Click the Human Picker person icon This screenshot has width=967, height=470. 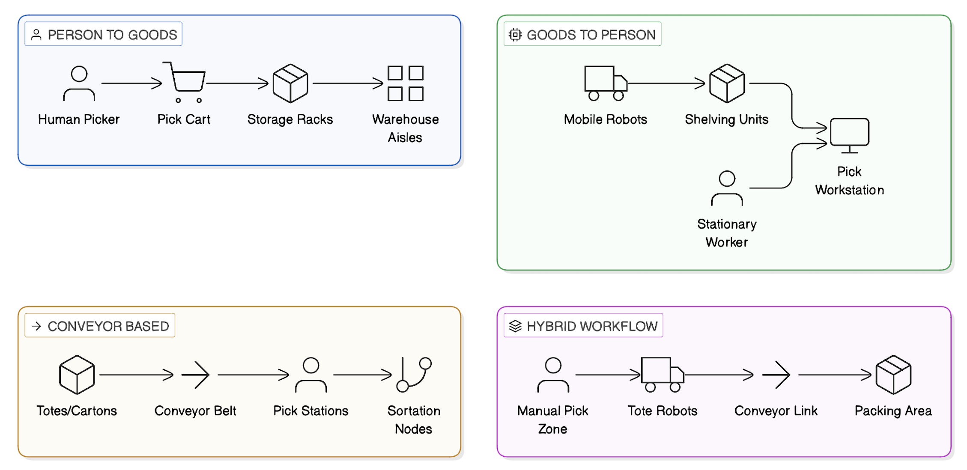click(79, 83)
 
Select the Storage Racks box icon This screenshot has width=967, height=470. click(290, 83)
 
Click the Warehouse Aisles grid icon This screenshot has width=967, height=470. click(405, 83)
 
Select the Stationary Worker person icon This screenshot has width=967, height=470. click(727, 188)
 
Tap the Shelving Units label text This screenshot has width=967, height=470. click(726, 119)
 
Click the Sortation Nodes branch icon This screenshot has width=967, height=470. click(414, 375)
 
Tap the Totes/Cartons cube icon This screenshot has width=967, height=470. click(77, 375)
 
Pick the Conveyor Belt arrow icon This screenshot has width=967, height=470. click(196, 375)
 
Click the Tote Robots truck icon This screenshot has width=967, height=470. click(662, 375)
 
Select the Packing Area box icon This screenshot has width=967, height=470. click(893, 375)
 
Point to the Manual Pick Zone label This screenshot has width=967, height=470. click(552, 419)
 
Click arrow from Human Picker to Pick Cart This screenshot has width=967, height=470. click(131, 83)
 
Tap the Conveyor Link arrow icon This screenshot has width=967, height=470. click(776, 375)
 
